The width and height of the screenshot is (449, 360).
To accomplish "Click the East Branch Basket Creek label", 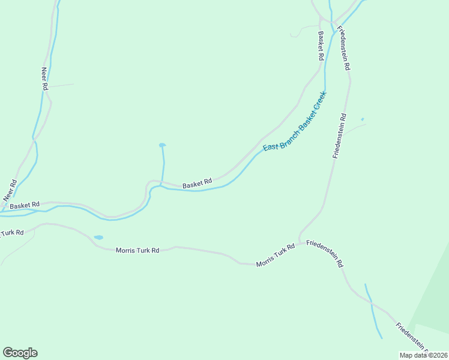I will click(295, 121).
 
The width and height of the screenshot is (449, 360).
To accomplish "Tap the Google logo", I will click(20, 353).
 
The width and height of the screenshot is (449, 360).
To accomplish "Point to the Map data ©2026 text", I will click(423, 355).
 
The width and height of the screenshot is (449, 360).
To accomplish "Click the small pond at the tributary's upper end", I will click(162, 145).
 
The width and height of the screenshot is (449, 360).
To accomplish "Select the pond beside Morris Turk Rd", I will click(98, 238).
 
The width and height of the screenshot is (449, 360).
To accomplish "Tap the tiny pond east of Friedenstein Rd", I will click(362, 119).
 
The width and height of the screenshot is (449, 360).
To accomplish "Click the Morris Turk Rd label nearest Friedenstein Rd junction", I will click(276, 255).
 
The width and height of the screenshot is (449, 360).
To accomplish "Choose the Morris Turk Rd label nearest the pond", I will click(137, 250).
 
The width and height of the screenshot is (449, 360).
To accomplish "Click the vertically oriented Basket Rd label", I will click(322, 46).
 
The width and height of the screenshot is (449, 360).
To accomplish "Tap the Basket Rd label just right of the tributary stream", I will click(197, 183).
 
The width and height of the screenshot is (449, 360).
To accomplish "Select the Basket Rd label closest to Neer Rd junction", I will click(25, 205).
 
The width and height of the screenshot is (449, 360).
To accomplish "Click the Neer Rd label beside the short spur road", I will click(44, 78).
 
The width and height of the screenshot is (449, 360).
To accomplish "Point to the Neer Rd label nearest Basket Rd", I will click(9, 190).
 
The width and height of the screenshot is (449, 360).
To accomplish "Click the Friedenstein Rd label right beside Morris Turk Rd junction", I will click(325, 253).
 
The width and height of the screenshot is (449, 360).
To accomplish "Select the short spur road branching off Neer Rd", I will click(61, 86).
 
